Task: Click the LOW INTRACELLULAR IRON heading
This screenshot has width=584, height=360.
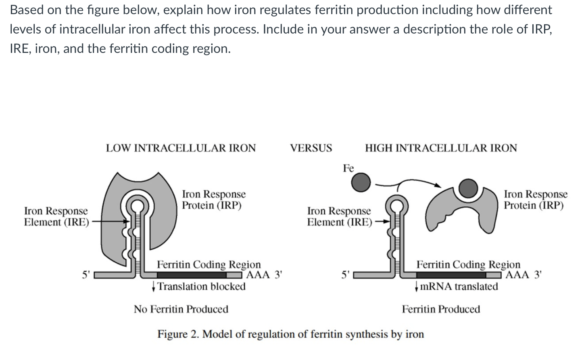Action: coord(181,148)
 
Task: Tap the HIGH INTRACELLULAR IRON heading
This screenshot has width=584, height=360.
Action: coord(441,148)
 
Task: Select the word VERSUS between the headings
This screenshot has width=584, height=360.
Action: coord(311,148)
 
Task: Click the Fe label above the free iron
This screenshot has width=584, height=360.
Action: coord(348,168)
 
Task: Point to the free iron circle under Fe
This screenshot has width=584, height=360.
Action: coord(360,182)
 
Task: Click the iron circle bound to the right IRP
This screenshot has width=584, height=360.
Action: coord(468,188)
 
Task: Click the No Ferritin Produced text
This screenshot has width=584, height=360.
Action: coord(181,309)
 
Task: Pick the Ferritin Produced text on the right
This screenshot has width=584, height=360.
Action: coord(441,309)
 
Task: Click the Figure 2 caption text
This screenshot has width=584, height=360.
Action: coord(290,334)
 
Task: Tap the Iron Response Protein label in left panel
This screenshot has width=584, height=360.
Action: coord(213,200)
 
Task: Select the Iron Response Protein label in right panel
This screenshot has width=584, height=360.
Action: coord(535,200)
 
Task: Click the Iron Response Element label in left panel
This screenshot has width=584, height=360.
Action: coord(56,216)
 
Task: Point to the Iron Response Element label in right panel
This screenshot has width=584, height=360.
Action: coord(339,216)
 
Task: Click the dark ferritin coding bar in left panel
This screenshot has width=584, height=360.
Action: coord(192,275)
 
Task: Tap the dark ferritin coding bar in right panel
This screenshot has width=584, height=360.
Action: coord(451,275)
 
